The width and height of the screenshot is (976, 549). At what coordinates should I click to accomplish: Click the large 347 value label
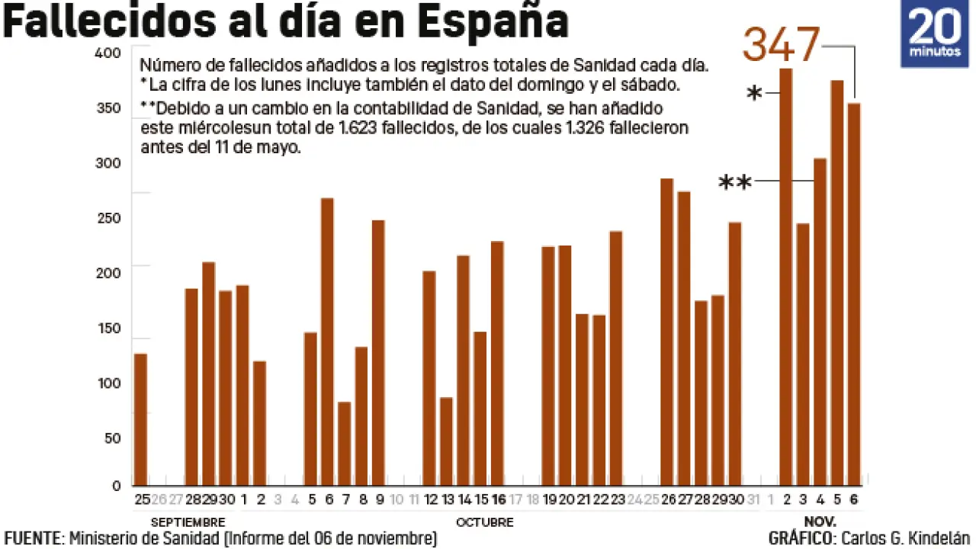point(781,46)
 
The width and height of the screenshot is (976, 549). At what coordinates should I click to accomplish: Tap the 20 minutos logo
point(934,34)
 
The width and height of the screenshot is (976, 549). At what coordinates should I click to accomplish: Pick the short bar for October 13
point(446,441)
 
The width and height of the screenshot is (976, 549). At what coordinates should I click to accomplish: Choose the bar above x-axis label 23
point(616,358)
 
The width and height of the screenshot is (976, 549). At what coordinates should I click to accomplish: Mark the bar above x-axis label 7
point(344,444)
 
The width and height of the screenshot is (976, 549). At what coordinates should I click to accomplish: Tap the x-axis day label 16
point(498,499)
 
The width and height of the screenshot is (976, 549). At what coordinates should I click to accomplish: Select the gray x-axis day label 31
point(753,499)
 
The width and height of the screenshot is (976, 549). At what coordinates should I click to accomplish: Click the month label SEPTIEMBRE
point(188,522)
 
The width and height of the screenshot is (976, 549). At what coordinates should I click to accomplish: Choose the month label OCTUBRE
point(484,522)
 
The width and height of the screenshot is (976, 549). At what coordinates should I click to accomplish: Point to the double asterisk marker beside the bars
point(735,183)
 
